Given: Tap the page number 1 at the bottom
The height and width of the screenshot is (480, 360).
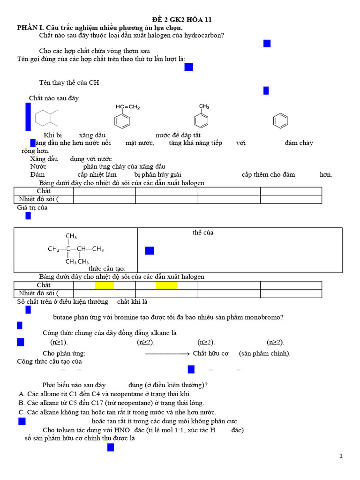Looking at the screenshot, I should pyautogui.click(x=341, y=456).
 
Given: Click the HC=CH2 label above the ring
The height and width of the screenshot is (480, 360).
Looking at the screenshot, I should pyautogui.click(x=127, y=107).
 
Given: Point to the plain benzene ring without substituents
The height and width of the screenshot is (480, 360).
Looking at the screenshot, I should pyautogui.click(x=280, y=121).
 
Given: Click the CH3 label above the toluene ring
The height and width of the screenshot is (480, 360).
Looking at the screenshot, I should pyautogui.click(x=204, y=106).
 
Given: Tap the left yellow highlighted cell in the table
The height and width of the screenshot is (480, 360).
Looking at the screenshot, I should pyautogui.click(x=105, y=285).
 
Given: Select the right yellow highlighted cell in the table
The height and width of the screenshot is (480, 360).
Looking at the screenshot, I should pyautogui.click(x=166, y=285).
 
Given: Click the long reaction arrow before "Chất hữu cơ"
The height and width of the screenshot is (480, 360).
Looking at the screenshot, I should pyautogui.click(x=167, y=354).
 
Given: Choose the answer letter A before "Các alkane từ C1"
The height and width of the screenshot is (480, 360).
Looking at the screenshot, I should pyautogui.click(x=22, y=394).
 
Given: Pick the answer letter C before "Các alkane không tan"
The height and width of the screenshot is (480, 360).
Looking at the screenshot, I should pyautogui.click(x=22, y=412).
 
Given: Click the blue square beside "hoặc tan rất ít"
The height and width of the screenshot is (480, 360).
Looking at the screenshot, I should pyautogui.click(x=22, y=421).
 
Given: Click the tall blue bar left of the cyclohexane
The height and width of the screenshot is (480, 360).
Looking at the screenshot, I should pyautogui.click(x=28, y=117).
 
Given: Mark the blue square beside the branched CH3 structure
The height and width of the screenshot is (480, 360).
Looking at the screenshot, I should pyautogui.click(x=150, y=251).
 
